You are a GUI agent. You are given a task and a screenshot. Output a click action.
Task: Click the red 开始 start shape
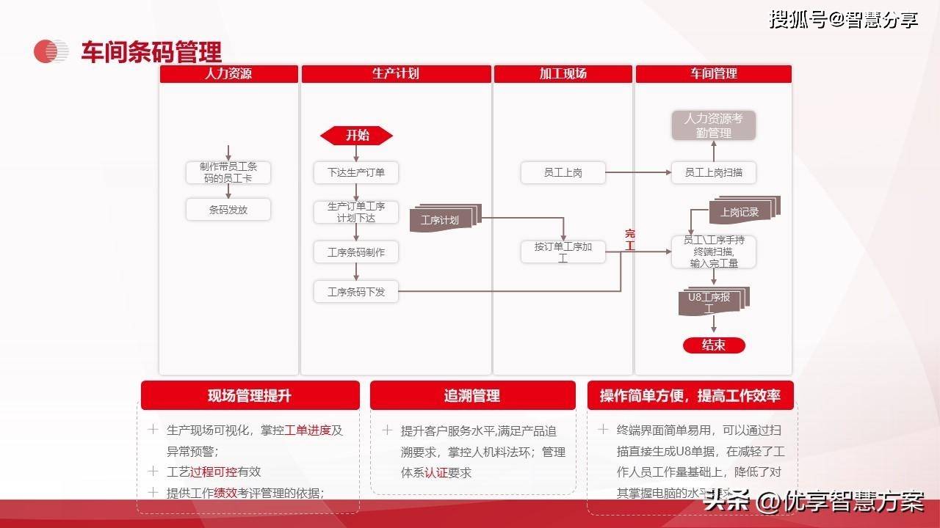pos(357,136)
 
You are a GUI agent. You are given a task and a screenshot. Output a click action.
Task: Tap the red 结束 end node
pos(714,345)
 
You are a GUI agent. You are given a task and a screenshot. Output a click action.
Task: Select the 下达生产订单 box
pos(356,173)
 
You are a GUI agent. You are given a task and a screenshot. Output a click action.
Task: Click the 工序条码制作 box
pos(356,252)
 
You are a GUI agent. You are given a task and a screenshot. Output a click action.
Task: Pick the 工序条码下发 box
pos(356,292)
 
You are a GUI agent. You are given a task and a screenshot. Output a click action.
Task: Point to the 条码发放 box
pos(228,210)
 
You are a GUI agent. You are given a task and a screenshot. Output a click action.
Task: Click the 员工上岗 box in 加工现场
pos(563,173)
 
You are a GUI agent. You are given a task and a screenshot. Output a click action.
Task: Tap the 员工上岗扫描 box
pos(714,173)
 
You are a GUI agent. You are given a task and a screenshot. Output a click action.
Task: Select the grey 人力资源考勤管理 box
pos(714,125)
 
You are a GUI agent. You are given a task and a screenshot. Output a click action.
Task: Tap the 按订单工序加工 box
pos(563,252)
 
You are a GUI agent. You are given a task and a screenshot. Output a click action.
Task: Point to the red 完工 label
pos(629,240)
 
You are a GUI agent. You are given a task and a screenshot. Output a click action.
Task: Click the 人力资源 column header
pos(228,74)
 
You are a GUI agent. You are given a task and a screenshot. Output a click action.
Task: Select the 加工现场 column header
pos(563,74)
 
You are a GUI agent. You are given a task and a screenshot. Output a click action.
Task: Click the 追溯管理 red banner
pos(471,396)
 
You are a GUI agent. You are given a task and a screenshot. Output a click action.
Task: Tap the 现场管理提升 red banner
pos(250,396)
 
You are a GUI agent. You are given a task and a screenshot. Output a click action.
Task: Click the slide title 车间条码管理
pos(151,52)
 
